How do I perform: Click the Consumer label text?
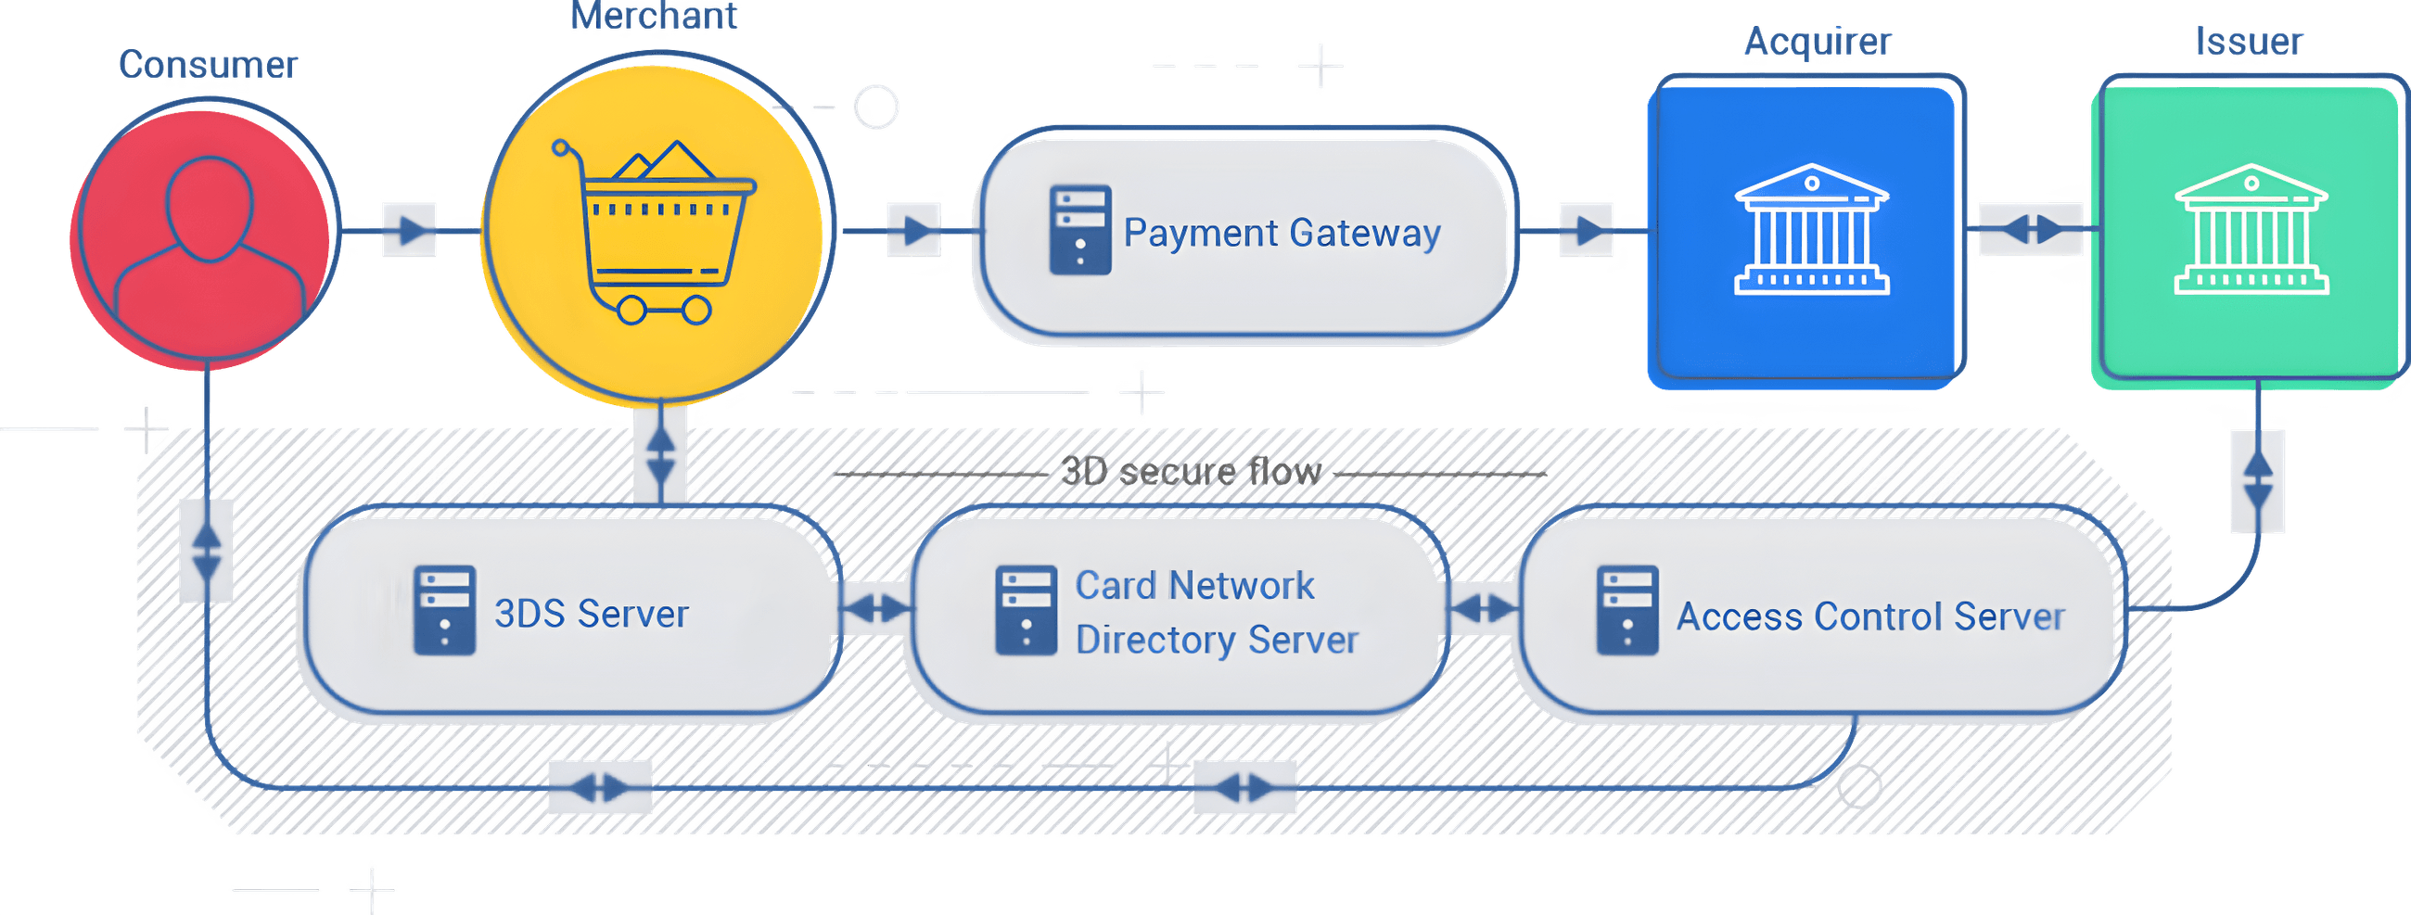208,66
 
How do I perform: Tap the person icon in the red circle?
210,243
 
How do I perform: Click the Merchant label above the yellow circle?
656,17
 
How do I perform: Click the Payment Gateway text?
1282,232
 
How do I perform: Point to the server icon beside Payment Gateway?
1080,230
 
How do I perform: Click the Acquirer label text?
1818,42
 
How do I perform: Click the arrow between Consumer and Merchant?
410,229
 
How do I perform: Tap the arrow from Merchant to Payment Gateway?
914,229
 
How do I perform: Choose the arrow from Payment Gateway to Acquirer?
1586,229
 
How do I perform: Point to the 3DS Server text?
591,614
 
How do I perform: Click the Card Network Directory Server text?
1215,612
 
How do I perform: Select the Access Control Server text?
1870,616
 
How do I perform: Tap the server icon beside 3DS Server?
444,610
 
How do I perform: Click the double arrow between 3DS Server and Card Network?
875,609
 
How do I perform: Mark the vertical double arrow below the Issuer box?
2257,481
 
